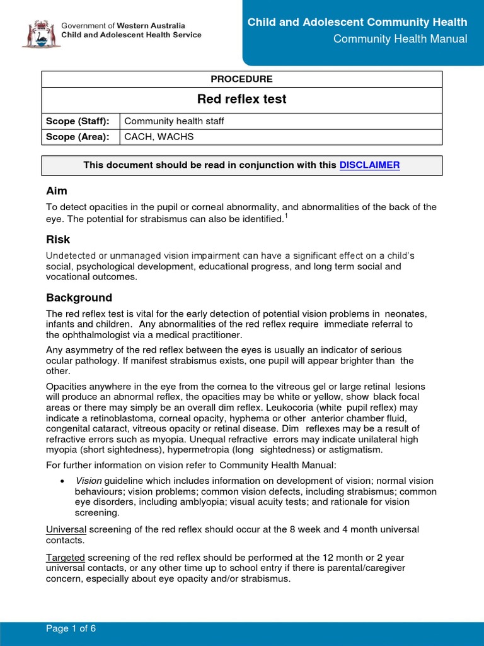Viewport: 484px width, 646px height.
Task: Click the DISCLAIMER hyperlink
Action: click(x=369, y=165)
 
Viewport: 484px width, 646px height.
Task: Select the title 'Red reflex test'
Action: click(x=242, y=99)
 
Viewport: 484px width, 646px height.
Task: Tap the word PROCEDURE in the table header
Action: click(x=242, y=79)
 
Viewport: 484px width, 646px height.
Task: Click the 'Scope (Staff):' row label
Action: click(x=78, y=121)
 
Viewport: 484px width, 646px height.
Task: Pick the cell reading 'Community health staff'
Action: click(x=174, y=121)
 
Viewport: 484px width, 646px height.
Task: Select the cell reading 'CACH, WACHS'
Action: click(x=159, y=137)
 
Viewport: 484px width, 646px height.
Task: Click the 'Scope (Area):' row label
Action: click(x=78, y=137)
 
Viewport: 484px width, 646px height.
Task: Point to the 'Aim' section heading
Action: click(x=57, y=191)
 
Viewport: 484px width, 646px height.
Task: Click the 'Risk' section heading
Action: click(x=58, y=240)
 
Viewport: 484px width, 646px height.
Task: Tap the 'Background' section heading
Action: click(x=79, y=298)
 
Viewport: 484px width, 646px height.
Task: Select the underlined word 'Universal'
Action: click(x=66, y=529)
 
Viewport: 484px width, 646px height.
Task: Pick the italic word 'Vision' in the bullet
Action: click(x=88, y=481)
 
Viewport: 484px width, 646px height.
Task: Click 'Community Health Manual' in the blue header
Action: click(x=400, y=39)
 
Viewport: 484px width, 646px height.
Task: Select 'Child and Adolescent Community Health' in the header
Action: click(x=357, y=22)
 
